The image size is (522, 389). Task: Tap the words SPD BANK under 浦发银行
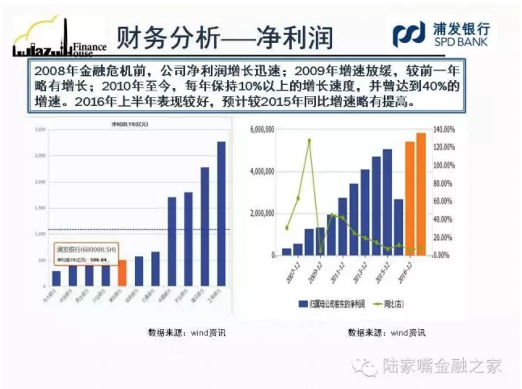pyautogui.click(x=461, y=41)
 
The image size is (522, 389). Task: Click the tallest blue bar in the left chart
pyautogui.click(x=221, y=214)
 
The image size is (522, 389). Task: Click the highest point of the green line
pyautogui.click(x=309, y=141)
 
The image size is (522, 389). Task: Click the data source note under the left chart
pyautogui.click(x=187, y=333)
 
